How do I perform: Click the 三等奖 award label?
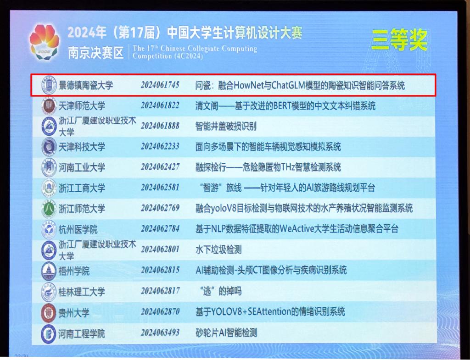399,40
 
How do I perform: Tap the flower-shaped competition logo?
45,42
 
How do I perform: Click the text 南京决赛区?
95,53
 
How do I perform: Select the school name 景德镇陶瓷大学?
86,85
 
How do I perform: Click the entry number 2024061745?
160,85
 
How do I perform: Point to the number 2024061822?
160,105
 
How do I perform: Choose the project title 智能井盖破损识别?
226,127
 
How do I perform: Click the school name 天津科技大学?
82,147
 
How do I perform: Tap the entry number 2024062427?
160,167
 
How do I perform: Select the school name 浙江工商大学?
82,188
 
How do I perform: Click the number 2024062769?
160,208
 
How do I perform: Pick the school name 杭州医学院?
78,230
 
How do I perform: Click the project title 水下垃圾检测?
218,249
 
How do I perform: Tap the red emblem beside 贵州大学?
49,313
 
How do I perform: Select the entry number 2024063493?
160,332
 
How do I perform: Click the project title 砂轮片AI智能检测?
226,333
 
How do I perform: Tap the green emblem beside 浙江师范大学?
49,209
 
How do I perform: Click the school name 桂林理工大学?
82,292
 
